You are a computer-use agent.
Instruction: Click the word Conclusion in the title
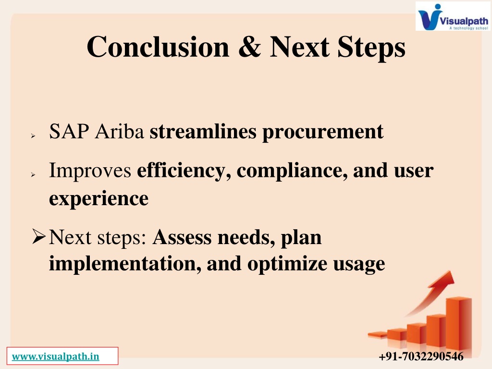tap(158, 47)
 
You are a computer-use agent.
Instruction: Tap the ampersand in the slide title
tap(249, 47)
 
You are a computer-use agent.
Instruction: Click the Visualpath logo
tap(453, 16)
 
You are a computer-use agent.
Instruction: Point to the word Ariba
tap(119, 131)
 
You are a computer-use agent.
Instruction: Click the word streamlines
tap(203, 131)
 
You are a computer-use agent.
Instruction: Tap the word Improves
tap(90, 172)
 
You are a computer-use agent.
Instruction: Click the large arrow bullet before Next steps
tap(39, 236)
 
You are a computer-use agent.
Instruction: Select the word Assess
tap(182, 237)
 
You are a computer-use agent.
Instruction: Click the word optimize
tap(287, 264)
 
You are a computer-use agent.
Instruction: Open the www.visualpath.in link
tap(56, 357)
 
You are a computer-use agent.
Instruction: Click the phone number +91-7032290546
tap(421, 357)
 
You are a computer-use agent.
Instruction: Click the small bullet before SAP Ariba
tap(33, 135)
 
